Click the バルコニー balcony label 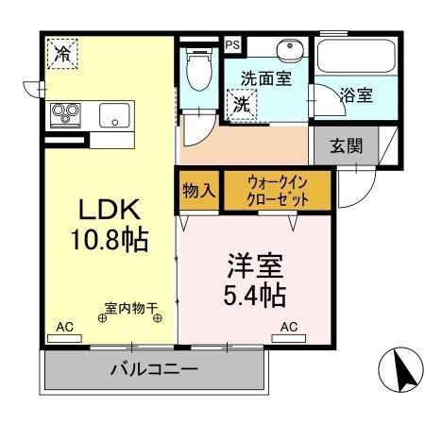click(x=152, y=369)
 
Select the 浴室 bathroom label click(x=356, y=94)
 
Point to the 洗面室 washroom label click(x=265, y=79)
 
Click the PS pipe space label click(x=232, y=43)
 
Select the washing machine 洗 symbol click(x=243, y=104)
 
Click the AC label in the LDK click(x=64, y=327)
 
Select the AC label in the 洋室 click(x=289, y=327)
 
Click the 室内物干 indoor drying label click(x=131, y=307)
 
